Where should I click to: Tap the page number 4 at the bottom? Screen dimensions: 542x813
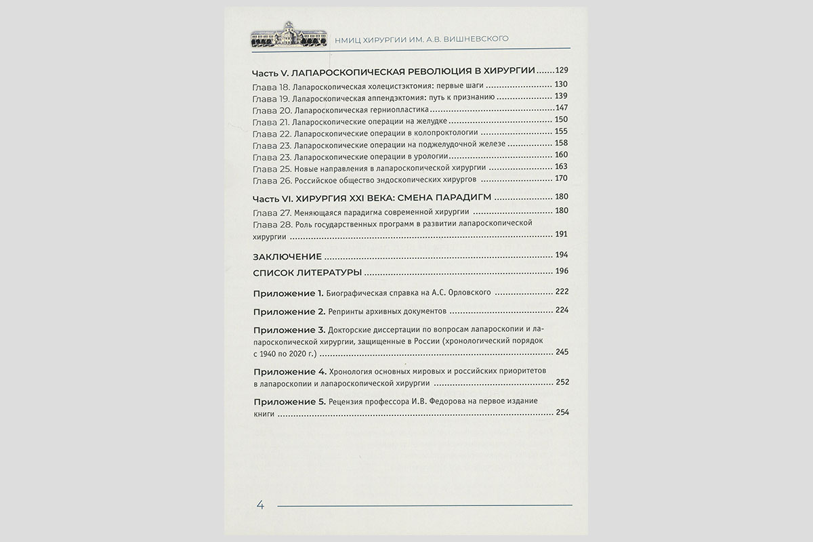[261, 505]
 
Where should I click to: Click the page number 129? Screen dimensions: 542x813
[562, 70]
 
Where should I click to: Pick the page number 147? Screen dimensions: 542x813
[562, 108]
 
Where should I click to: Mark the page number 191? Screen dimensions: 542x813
[562, 234]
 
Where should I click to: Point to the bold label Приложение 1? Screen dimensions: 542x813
[289, 293]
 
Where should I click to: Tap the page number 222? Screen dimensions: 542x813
[562, 292]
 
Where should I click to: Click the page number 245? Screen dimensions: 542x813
[562, 352]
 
